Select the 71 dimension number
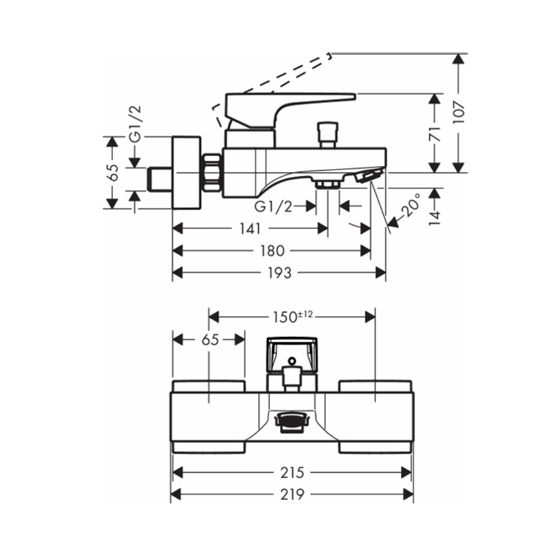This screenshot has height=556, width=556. (x=435, y=133)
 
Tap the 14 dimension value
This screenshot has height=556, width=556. (x=435, y=215)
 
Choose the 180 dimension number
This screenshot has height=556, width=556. (x=272, y=251)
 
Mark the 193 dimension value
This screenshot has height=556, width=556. (x=279, y=272)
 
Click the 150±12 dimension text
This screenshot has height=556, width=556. (x=292, y=316)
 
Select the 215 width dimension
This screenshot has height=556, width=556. (x=292, y=473)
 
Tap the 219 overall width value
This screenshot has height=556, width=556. (x=292, y=494)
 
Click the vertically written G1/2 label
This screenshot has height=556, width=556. (x=136, y=123)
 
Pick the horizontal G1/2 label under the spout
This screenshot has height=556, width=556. (x=273, y=207)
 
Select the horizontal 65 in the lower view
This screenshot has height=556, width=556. (x=210, y=340)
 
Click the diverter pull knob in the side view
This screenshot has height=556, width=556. (x=326, y=133)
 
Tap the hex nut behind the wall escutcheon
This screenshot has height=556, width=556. (x=211, y=172)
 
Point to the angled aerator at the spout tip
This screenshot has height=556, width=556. (x=367, y=176)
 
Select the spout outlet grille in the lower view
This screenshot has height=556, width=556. (x=291, y=422)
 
